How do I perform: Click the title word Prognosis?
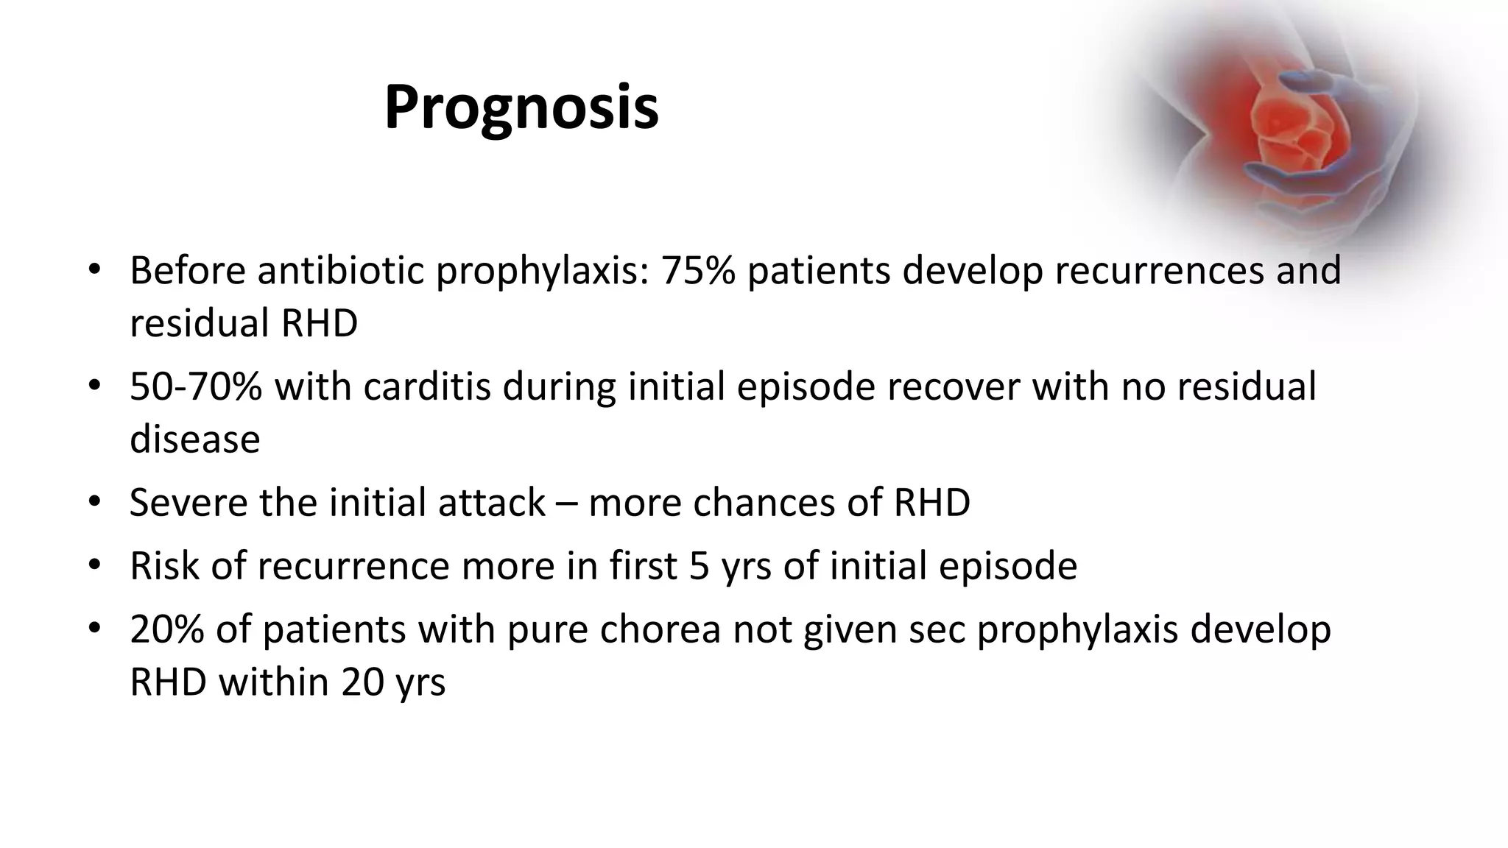(x=521, y=108)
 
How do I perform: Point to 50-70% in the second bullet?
(x=195, y=386)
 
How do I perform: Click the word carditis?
(x=426, y=386)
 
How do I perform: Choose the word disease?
(x=194, y=439)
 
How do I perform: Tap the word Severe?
(x=188, y=503)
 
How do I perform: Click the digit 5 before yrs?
(x=700, y=566)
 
